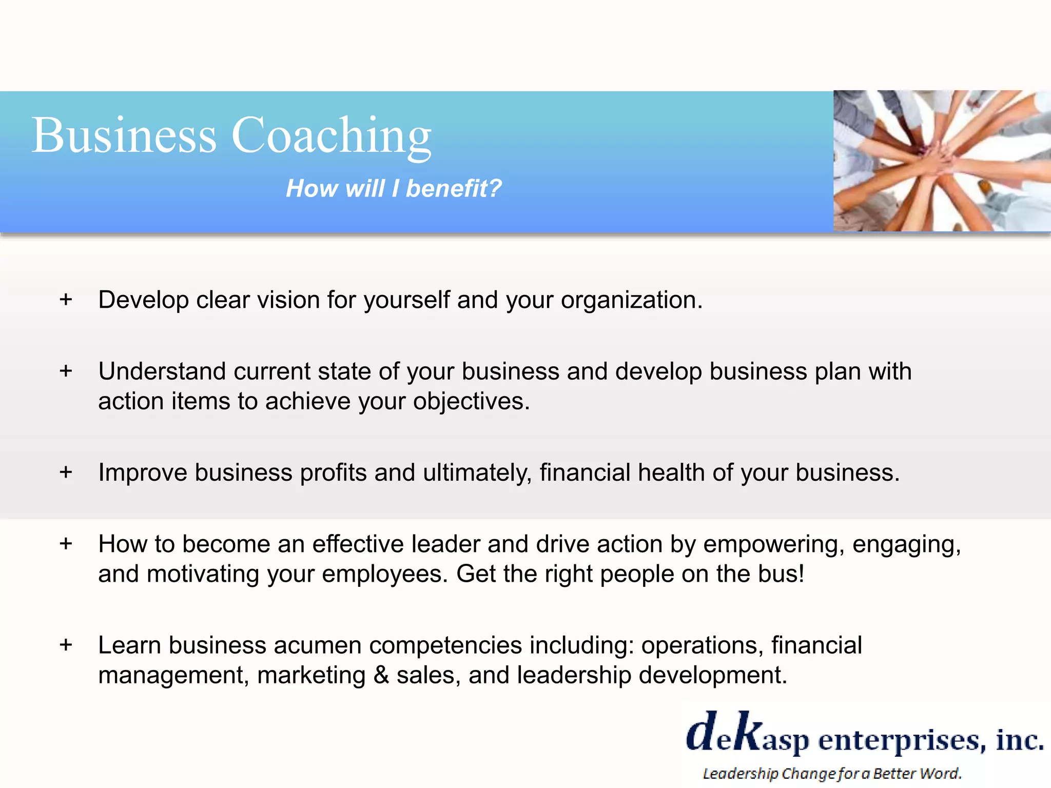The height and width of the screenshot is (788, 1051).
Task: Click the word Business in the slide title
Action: coord(124,135)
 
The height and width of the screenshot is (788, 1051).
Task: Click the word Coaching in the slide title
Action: coord(332,136)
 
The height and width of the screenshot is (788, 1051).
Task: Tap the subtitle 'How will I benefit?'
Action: coord(394,188)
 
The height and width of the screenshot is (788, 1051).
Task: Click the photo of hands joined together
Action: coord(942,161)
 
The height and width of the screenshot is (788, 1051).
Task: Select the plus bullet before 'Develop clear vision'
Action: coord(66,299)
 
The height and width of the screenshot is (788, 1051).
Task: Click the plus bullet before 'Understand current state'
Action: coord(66,370)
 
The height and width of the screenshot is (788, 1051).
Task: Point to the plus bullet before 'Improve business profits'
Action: coord(66,471)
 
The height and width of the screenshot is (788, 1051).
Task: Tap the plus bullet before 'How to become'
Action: coord(66,543)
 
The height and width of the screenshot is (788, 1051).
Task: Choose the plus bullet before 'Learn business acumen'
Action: coord(66,644)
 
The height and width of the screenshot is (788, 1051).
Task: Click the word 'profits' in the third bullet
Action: coord(333,472)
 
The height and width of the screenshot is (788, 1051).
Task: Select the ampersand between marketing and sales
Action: coord(381,675)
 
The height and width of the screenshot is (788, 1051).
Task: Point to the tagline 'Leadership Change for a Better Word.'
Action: coord(831,773)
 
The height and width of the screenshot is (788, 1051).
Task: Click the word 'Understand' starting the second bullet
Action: coord(162,371)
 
